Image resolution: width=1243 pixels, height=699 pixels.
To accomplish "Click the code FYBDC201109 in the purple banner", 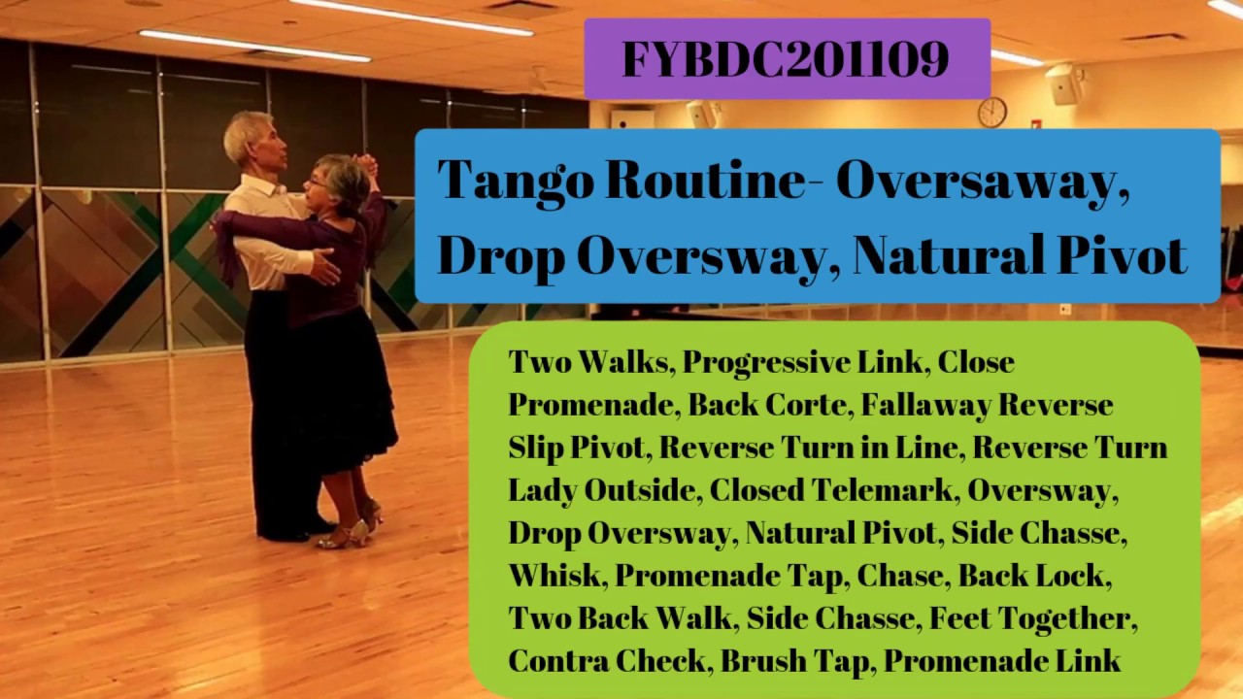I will [x=786, y=59].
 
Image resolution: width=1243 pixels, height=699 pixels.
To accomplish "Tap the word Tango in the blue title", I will [x=513, y=181].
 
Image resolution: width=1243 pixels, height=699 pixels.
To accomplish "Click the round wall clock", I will [x=991, y=112].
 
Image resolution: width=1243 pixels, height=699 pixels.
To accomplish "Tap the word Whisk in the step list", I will [x=554, y=576].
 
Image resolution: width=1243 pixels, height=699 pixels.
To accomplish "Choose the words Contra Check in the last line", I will [x=611, y=661].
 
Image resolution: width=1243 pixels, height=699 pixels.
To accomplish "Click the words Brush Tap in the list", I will [x=797, y=661].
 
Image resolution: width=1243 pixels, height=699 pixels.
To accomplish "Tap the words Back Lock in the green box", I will [x=1032, y=576].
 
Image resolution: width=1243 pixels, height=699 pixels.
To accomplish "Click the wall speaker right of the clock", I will [x=1064, y=84].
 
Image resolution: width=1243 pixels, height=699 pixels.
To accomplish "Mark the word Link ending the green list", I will [x=1089, y=661].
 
